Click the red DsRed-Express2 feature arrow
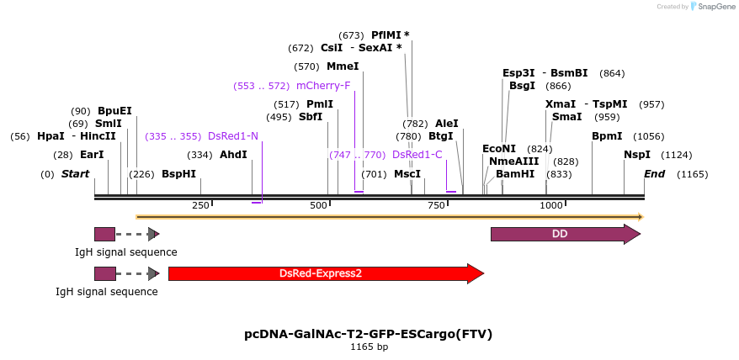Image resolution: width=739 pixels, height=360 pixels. [x=324, y=273]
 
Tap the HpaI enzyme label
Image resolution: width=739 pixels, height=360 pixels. [x=51, y=136]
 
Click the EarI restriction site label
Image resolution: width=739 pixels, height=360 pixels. [x=92, y=155]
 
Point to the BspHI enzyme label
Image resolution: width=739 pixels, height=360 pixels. [x=178, y=174]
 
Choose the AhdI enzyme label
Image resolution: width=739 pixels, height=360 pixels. [x=233, y=155]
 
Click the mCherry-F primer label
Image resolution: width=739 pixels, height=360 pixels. [x=323, y=85]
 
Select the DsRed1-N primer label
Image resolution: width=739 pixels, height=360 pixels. [x=233, y=136]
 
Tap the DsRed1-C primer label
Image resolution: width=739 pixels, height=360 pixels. [x=417, y=155]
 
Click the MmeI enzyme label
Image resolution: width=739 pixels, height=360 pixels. [x=343, y=66]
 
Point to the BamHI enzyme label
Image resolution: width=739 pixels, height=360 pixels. [x=515, y=174]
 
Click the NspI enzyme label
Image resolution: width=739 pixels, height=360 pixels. [x=637, y=155]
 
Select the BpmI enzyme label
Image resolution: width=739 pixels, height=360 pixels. [x=607, y=136]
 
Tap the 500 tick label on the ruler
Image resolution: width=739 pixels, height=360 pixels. [x=318, y=205]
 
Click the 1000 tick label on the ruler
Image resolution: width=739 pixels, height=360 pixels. [x=550, y=205]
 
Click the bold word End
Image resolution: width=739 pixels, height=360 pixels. [x=654, y=174]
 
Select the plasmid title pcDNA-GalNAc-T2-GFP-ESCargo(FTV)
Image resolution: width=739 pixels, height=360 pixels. [x=369, y=334]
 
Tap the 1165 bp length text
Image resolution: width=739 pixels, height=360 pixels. [x=369, y=347]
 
